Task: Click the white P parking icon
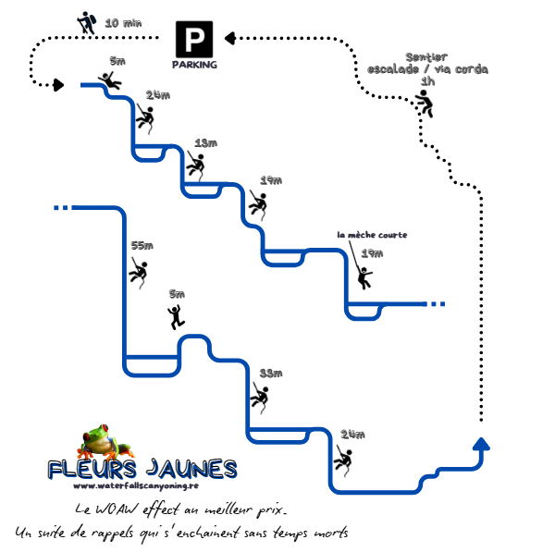194,41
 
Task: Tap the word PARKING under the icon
194,65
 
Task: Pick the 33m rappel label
270,373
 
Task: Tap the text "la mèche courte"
372,235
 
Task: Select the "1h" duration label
426,81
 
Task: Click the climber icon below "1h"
425,103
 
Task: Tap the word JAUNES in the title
192,469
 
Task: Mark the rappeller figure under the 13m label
195,166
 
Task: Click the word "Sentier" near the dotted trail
425,57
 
